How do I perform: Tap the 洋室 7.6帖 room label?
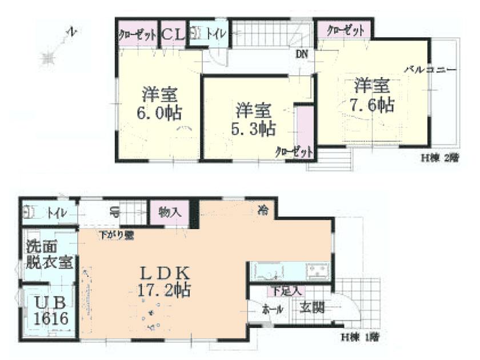[x=372, y=96]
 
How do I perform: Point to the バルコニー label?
[x=430, y=70]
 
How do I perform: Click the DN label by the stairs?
[x=302, y=55]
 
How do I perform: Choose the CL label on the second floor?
[x=173, y=34]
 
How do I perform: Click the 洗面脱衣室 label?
[x=49, y=256]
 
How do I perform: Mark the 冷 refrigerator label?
[x=262, y=209]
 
